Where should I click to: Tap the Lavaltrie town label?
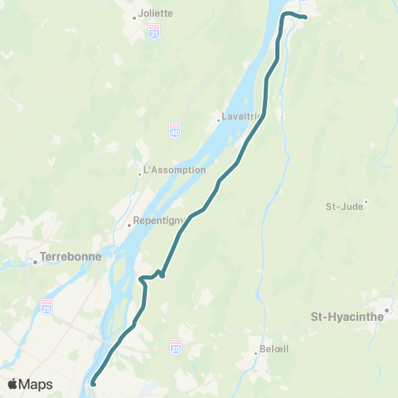239,117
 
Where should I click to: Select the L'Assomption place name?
174,170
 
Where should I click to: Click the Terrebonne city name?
70,256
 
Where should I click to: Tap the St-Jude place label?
344,206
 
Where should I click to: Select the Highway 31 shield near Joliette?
154,31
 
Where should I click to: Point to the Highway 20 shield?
175,343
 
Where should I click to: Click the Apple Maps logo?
30,384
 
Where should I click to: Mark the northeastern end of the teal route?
305,17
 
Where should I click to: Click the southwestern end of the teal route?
93,383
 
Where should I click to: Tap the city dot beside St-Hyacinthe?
386,311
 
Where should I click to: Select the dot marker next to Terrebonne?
35,263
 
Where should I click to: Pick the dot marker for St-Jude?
366,201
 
